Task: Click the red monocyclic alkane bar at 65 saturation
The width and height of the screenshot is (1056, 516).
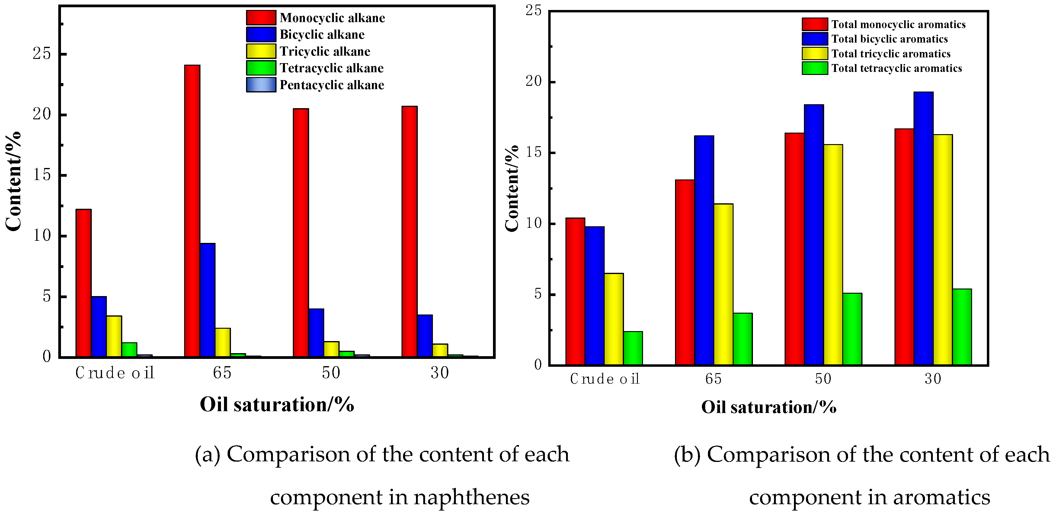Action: (x=192, y=211)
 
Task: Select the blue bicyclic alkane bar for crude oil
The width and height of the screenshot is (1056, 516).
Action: (x=99, y=327)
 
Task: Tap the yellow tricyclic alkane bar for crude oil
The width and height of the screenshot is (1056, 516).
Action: (x=114, y=336)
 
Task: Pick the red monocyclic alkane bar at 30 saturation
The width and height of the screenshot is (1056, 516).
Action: (x=410, y=231)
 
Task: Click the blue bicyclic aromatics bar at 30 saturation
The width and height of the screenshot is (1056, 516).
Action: (x=923, y=228)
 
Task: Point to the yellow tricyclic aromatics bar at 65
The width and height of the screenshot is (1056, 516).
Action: (x=724, y=284)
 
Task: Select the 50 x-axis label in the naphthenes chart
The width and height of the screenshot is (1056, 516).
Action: (x=331, y=373)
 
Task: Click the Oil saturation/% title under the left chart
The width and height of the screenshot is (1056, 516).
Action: (x=277, y=405)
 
